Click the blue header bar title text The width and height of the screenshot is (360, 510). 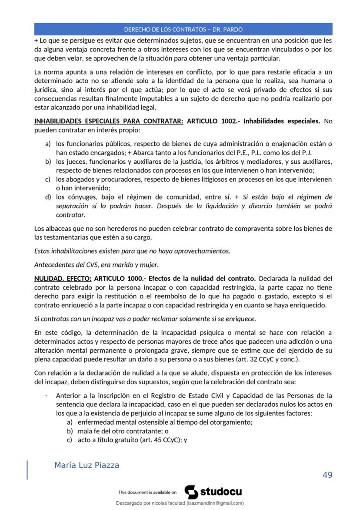(x=183, y=30)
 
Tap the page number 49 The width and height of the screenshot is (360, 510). (x=327, y=475)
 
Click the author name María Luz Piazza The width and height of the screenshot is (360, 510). (x=87, y=465)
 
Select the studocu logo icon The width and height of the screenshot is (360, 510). (x=191, y=492)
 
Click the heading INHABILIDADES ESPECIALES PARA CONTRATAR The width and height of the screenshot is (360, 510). (x=109, y=121)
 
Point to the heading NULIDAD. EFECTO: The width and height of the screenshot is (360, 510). (x=63, y=278)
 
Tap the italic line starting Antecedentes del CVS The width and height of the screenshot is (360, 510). (x=96, y=264)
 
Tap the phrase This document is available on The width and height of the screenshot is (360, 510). (x=147, y=493)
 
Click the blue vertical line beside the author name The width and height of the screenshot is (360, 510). (x=28, y=469)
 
